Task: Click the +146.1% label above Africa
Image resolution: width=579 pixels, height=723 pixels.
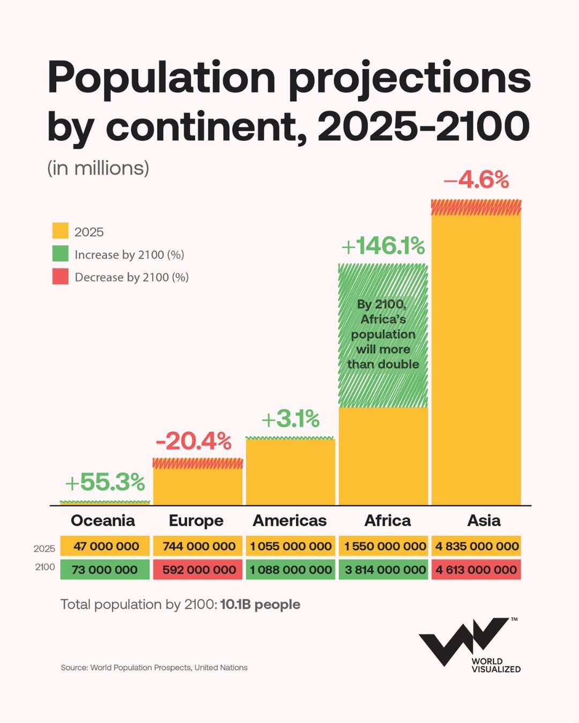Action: (383, 246)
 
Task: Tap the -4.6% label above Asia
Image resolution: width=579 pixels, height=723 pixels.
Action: (476, 180)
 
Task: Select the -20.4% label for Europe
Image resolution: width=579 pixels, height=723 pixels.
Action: (194, 441)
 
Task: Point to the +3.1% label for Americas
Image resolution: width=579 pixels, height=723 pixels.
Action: (291, 419)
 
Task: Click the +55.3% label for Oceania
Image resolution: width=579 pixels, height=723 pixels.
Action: (105, 482)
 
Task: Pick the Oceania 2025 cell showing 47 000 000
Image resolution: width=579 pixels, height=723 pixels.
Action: (105, 546)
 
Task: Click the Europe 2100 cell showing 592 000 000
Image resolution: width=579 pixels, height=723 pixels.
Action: (198, 570)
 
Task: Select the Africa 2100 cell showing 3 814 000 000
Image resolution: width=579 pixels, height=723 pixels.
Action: (384, 570)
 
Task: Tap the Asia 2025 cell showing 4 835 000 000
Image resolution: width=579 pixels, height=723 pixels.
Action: (477, 546)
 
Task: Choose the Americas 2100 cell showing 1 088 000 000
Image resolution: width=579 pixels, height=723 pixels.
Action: (291, 570)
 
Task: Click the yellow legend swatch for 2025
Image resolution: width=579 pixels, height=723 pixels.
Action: (60, 231)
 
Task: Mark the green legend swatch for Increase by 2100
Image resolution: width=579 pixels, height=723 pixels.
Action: (60, 254)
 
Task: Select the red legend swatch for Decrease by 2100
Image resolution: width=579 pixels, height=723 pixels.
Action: (60, 276)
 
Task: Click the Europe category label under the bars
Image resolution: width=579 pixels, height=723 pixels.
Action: (196, 521)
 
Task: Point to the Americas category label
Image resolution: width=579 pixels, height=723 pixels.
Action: (289, 521)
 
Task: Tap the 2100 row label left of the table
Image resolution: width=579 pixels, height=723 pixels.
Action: (45, 567)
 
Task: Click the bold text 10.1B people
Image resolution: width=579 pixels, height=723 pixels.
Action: (260, 605)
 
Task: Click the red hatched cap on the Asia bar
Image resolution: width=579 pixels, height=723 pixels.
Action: (476, 207)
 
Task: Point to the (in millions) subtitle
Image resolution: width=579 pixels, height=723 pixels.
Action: (98, 168)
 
